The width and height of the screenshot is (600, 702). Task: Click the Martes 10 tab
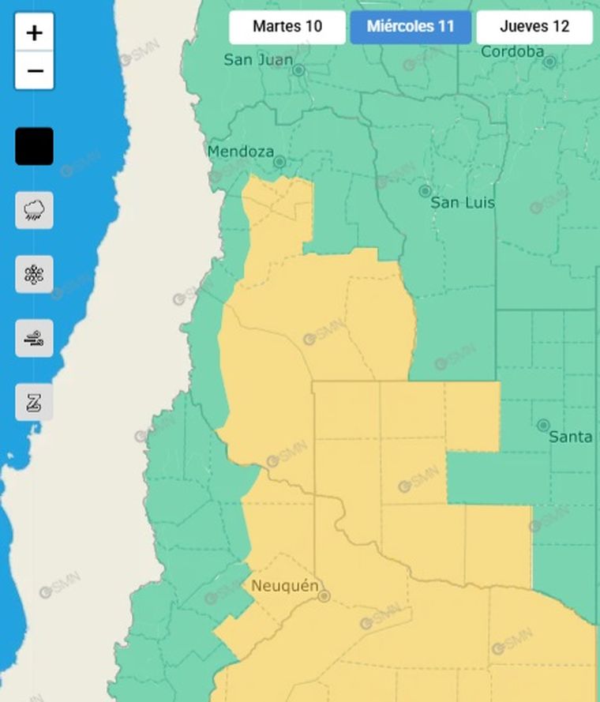[287, 27]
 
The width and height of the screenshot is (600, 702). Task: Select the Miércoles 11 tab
[411, 27]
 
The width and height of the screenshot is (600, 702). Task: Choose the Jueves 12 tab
[534, 27]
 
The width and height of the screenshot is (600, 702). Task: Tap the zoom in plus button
[34, 33]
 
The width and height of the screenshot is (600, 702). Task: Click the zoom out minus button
[34, 71]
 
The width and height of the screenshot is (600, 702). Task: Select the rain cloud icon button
[34, 210]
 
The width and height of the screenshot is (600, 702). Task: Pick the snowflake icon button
[34, 275]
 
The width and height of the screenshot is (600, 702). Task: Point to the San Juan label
[258, 60]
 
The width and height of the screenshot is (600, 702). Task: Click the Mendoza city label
[241, 152]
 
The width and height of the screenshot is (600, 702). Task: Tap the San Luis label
[463, 203]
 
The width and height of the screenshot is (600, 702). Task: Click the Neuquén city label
[284, 586]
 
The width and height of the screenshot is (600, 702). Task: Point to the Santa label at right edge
[570, 437]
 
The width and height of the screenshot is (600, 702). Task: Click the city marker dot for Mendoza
[279, 162]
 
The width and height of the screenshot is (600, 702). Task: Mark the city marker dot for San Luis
[425, 191]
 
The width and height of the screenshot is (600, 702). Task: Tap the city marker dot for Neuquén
[324, 596]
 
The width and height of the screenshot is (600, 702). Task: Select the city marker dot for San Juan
[299, 70]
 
